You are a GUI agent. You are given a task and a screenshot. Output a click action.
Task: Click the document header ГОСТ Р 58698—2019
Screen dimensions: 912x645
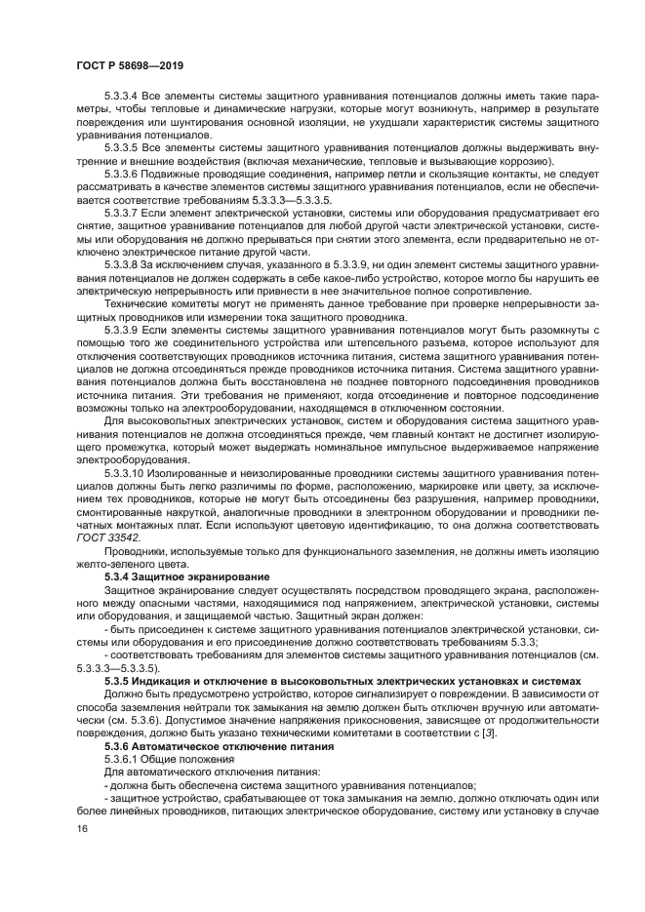[129, 65]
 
